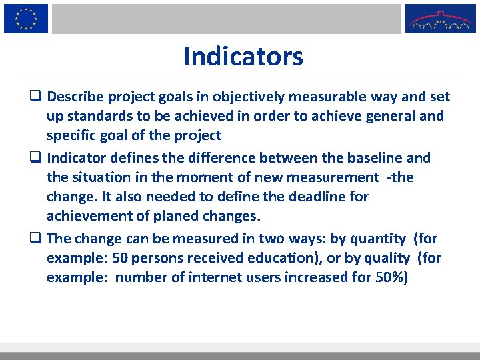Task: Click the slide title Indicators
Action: click(243, 57)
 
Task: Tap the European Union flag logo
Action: click(26, 18)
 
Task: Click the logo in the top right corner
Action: click(441, 19)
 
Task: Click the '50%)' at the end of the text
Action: click(389, 277)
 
